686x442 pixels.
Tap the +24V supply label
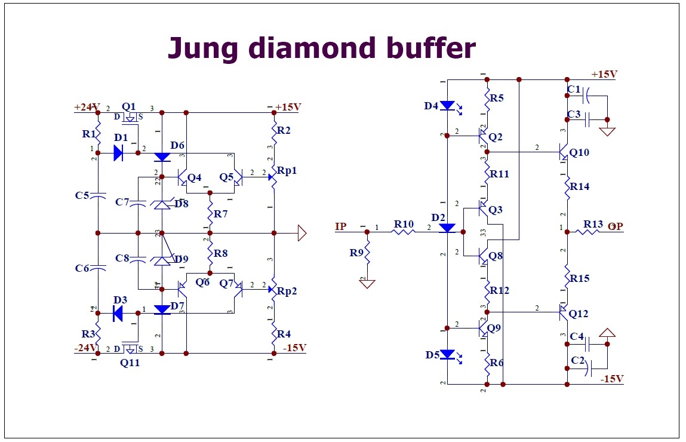[86, 108]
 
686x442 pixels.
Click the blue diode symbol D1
[118, 153]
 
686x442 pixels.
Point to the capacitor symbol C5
[98, 197]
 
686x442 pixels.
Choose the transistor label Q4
[194, 177]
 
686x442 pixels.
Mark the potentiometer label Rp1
[287, 170]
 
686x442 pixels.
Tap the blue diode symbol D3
[118, 312]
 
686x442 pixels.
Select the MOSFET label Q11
[130, 362]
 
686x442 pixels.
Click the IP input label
[341, 226]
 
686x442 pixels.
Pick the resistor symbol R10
[404, 232]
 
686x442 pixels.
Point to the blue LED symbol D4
[447, 106]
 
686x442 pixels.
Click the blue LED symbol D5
[447, 354]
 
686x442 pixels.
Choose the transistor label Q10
[579, 152]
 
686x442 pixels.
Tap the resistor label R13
[593, 224]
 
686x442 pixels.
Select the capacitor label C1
[573, 90]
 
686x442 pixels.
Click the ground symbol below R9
[367, 284]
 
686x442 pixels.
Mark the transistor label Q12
[579, 314]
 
